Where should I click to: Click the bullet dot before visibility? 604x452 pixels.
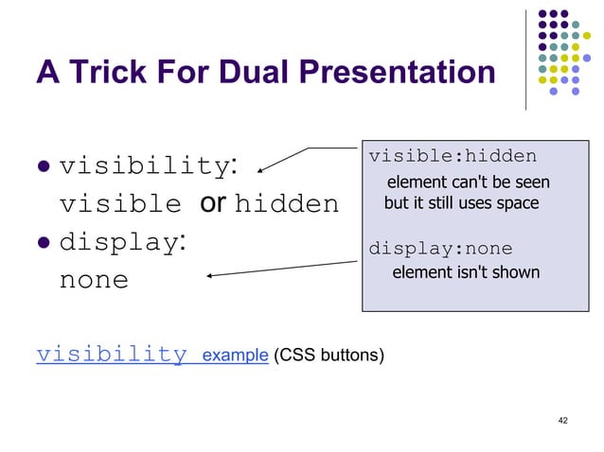coord(44,167)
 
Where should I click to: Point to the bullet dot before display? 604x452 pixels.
coord(44,243)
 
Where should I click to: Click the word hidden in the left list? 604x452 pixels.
coord(286,204)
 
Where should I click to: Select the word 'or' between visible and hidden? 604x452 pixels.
coord(212,203)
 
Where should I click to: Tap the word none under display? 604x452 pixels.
coord(94,281)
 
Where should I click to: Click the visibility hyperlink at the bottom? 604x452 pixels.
coord(111,356)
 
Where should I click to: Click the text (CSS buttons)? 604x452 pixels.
coord(328,356)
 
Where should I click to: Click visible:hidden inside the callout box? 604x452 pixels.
coord(452,156)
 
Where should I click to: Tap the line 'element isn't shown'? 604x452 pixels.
coord(466,273)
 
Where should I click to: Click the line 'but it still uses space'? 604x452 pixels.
coord(461,203)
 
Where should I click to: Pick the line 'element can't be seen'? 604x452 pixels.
coord(468,182)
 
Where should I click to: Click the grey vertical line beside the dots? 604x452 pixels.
coord(526,57)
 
